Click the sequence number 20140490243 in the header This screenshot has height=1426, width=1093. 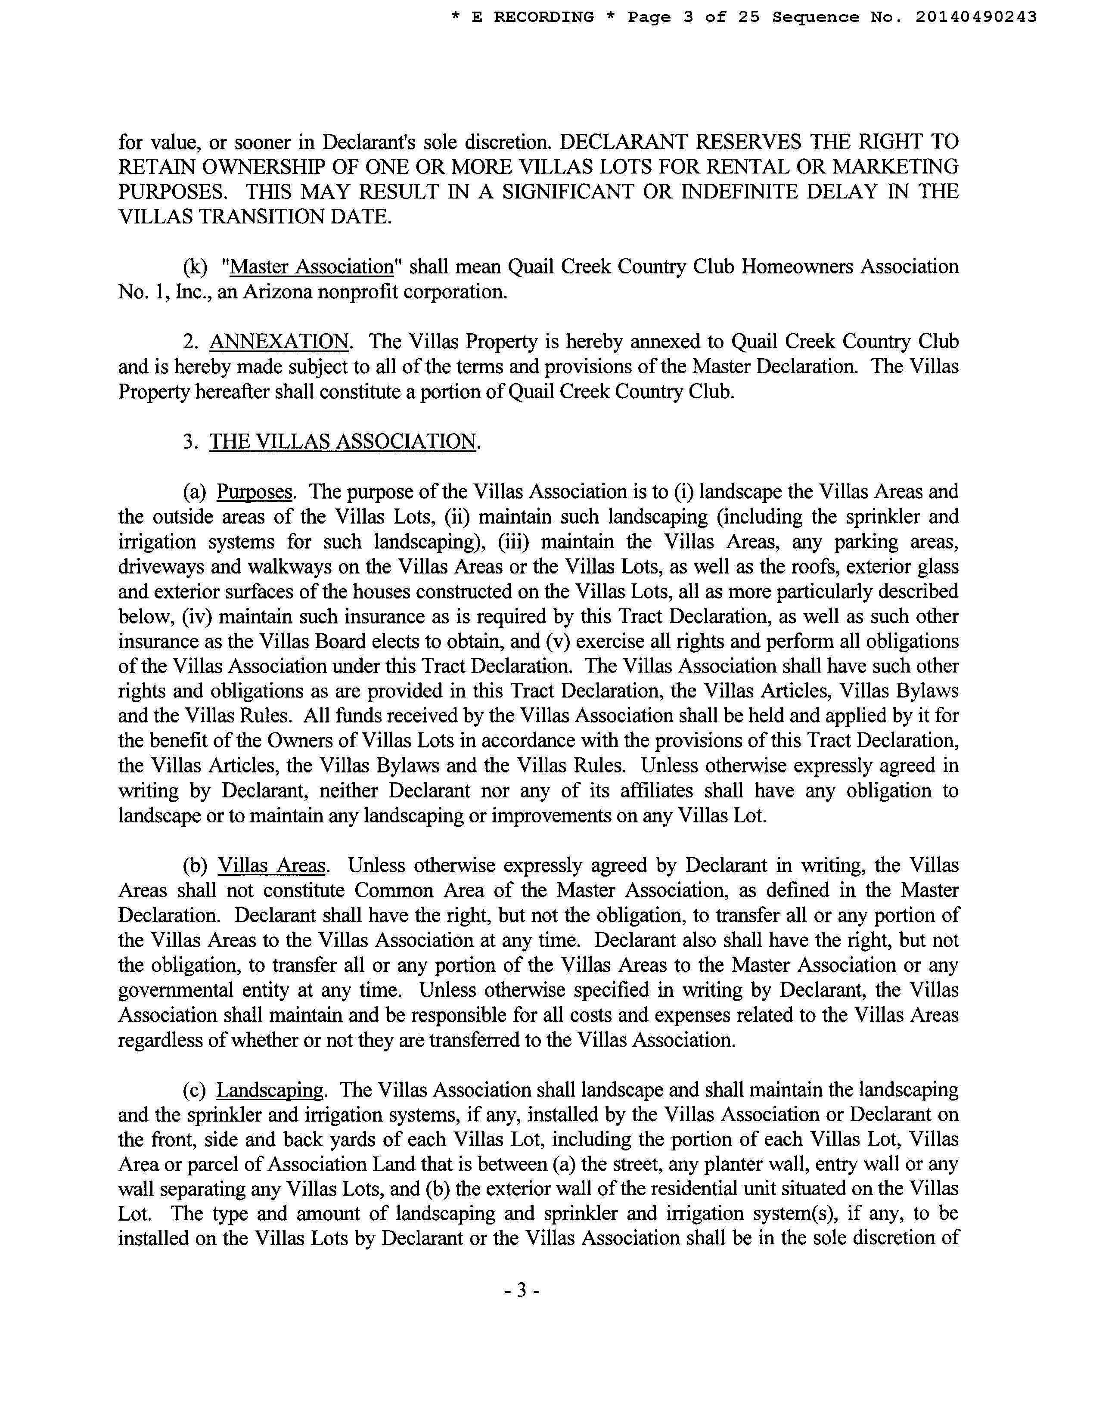(x=976, y=18)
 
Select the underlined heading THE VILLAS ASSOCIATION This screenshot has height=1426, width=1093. (x=343, y=442)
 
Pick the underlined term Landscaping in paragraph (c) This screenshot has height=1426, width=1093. (x=269, y=1090)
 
